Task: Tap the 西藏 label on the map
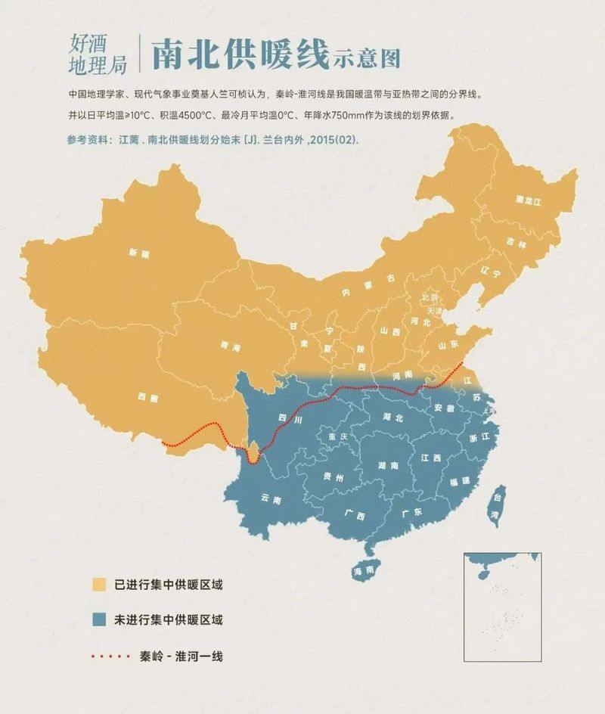[150, 396]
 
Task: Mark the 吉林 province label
[517, 243]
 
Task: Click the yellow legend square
[98, 585]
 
